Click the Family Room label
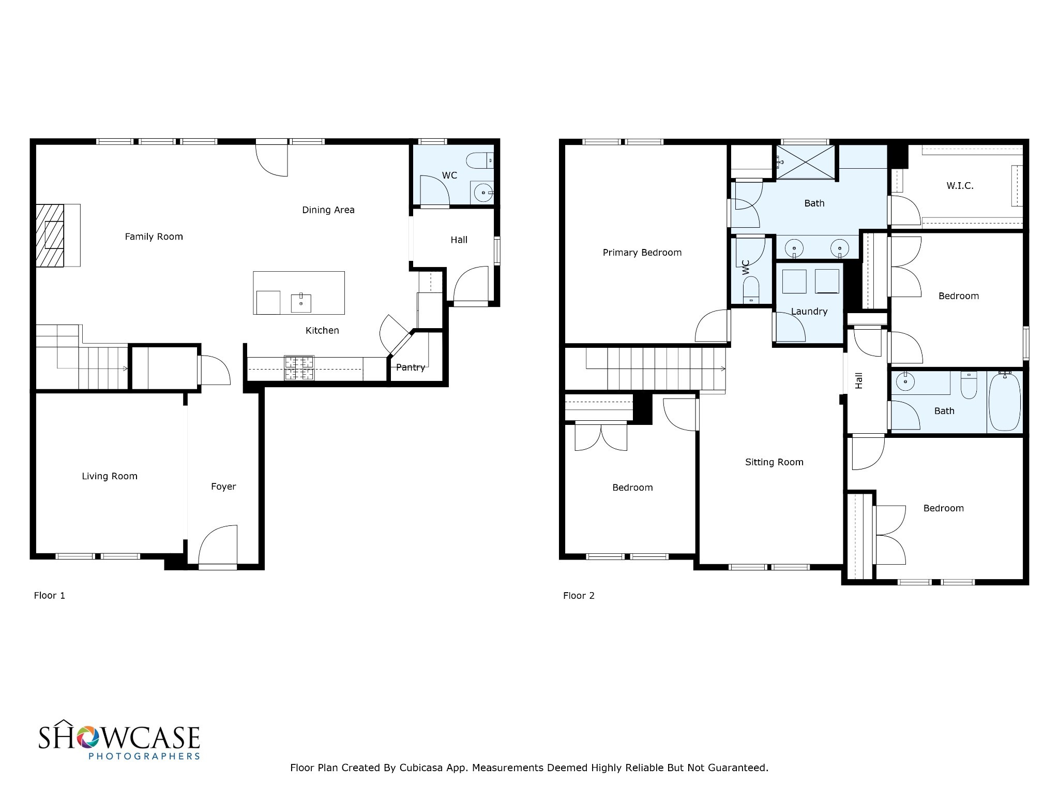pos(154,237)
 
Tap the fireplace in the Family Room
pos(50,235)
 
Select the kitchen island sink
pos(301,303)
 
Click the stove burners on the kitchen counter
pos(299,369)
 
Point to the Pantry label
pos(411,367)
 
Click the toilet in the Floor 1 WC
pos(480,160)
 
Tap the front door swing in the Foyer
pos(218,544)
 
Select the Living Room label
pos(110,476)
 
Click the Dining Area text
pos(328,210)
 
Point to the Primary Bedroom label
pos(642,253)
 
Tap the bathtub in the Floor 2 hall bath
pos(1005,402)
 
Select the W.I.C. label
pos(960,186)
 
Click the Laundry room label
pos(809,312)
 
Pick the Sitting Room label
pos(774,462)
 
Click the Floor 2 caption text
pos(579,596)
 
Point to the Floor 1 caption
pos(50,596)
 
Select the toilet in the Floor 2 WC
pos(751,290)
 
